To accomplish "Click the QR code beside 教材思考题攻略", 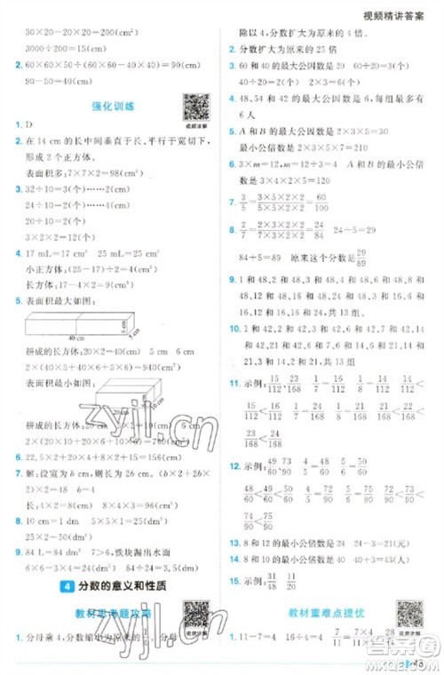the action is [x=193, y=614].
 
